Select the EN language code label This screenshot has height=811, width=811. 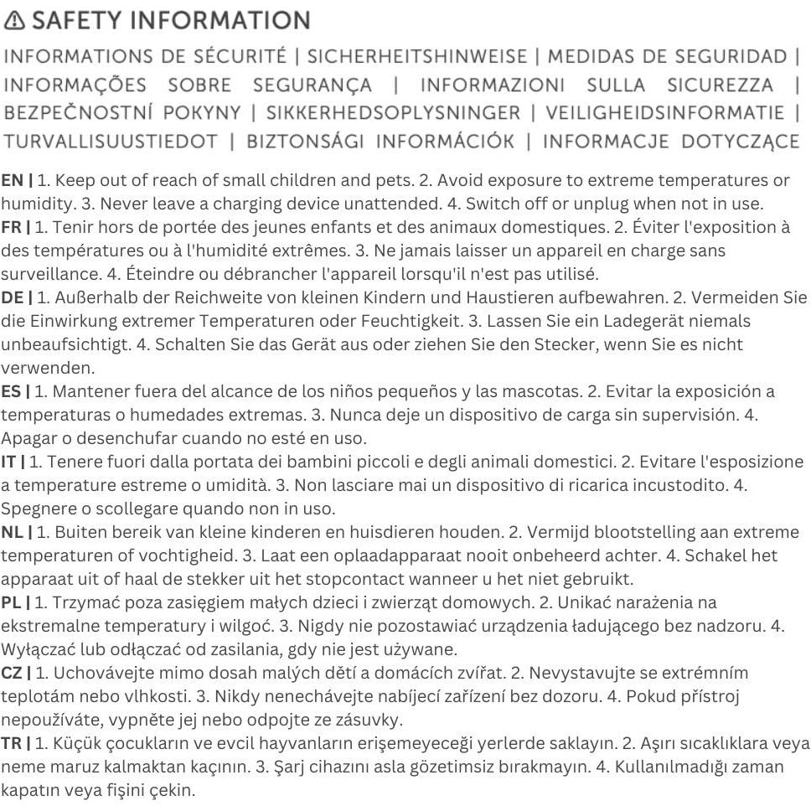coord(12,180)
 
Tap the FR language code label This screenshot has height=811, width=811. coord(11,227)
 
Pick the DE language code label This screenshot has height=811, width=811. coord(12,297)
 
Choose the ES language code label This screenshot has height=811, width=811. coord(11,391)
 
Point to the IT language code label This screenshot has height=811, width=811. coord(8,462)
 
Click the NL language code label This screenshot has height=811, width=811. coord(12,532)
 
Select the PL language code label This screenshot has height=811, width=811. coord(11,602)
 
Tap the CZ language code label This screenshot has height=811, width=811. coord(12,673)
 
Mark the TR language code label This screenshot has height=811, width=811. coord(11,743)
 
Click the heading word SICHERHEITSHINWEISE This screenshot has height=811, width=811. coord(416,57)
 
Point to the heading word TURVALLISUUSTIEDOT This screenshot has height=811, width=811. coord(110,142)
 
